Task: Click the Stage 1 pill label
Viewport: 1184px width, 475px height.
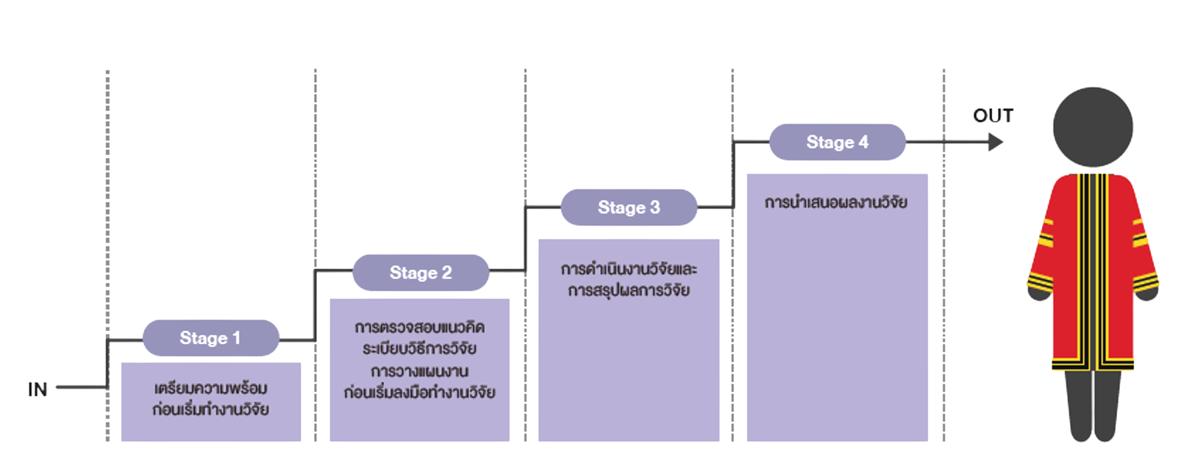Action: (x=210, y=338)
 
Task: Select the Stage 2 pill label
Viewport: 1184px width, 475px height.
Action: (x=421, y=273)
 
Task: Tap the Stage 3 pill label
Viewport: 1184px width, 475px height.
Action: (x=629, y=207)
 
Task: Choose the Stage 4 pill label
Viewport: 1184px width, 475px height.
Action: (x=837, y=142)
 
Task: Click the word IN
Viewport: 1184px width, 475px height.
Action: (x=38, y=389)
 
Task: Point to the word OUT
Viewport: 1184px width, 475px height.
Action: (x=993, y=115)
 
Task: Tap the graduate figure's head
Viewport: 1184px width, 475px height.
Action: (x=1093, y=127)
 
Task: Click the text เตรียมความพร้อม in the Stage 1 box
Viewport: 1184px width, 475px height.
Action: (x=211, y=388)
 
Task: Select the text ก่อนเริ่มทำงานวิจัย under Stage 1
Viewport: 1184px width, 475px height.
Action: (x=211, y=410)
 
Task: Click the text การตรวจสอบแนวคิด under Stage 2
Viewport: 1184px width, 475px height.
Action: (x=419, y=327)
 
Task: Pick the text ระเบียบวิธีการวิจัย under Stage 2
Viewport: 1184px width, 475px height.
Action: (x=419, y=349)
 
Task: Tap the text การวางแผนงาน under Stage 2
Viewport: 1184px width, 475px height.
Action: (x=419, y=371)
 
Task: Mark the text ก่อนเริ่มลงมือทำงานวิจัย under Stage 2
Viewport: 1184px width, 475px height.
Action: (x=419, y=393)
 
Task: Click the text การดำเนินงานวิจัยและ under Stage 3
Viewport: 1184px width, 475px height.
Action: (x=629, y=269)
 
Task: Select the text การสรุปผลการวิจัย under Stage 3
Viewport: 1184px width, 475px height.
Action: (x=629, y=290)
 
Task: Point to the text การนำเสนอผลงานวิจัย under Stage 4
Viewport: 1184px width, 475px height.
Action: (x=836, y=202)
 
